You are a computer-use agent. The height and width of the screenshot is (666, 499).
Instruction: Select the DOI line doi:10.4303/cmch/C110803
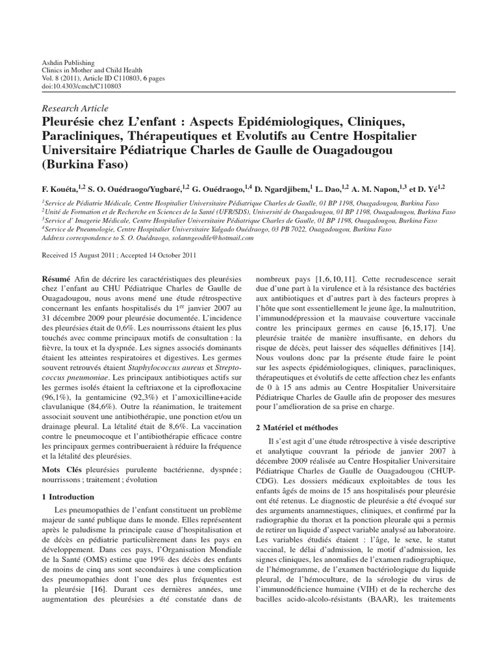73,86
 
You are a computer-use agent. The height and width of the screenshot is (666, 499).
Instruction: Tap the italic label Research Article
75,109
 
